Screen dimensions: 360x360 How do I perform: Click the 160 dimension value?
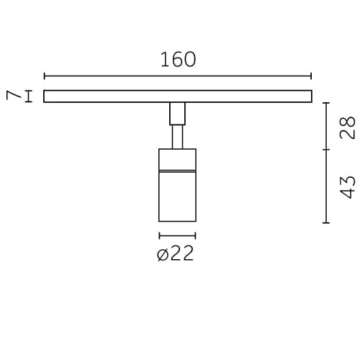[178, 60]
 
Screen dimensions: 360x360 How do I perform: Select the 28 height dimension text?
[348, 127]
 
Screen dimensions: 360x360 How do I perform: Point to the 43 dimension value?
[348, 186]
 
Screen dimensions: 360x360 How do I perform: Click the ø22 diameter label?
[176, 253]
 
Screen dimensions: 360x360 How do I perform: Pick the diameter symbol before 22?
[163, 254]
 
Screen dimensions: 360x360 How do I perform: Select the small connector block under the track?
[177, 114]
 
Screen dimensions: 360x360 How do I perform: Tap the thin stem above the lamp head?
[177, 137]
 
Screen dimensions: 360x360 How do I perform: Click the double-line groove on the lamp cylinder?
[177, 171]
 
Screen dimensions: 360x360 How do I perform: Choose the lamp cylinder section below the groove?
[177, 197]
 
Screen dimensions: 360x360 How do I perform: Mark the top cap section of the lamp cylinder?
[177, 159]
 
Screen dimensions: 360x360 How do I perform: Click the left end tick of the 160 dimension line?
[45, 76]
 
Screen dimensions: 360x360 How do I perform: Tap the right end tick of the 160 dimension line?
[311, 76]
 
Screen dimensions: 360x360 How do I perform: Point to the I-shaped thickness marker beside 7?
[29, 96]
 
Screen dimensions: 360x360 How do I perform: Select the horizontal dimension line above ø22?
[177, 235]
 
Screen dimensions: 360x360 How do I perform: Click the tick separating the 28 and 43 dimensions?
[326, 150]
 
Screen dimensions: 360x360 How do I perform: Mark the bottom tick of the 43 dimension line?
[326, 223]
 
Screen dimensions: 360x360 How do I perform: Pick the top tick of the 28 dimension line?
[326, 103]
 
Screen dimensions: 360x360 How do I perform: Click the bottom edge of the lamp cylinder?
[177, 221]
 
